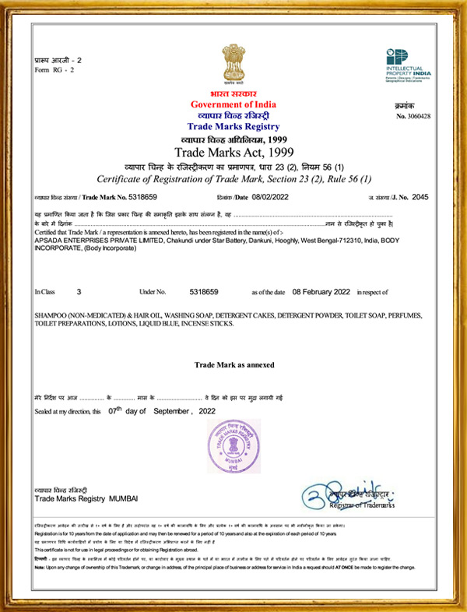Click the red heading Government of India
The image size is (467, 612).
point(233,104)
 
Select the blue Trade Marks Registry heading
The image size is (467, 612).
point(233,125)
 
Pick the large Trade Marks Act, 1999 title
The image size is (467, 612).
point(233,151)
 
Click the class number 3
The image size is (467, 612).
point(79,291)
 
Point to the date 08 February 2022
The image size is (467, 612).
point(321,291)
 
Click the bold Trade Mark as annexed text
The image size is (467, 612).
point(233,364)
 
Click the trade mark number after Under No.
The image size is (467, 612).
point(204,291)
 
